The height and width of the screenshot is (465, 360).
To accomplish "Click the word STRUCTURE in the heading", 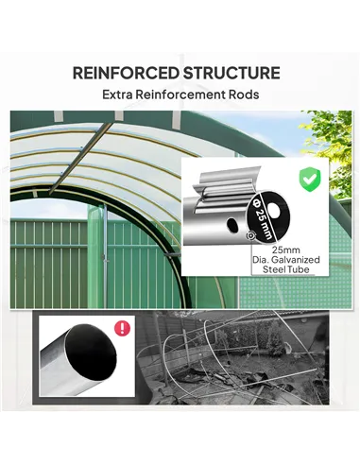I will (x=236, y=73).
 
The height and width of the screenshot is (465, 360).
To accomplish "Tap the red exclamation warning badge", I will (x=121, y=328).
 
